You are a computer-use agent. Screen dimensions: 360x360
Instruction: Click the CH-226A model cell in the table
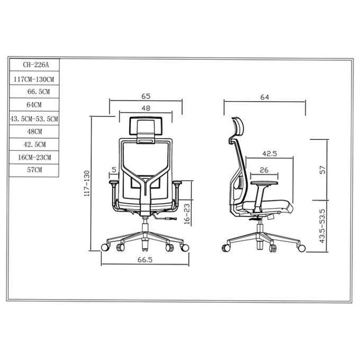[34, 65]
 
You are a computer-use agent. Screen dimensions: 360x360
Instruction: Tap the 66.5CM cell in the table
[34, 92]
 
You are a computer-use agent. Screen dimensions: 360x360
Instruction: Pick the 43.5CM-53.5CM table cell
[34, 119]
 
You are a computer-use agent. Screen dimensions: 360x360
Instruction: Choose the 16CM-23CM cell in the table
[34, 158]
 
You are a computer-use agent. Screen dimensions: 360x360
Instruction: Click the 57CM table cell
[34, 170]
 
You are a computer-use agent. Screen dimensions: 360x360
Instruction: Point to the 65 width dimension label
[146, 96]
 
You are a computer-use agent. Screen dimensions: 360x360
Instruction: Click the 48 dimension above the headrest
[146, 108]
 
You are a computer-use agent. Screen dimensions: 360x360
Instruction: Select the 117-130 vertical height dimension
[86, 183]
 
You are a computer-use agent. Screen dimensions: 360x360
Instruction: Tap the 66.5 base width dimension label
[145, 259]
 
